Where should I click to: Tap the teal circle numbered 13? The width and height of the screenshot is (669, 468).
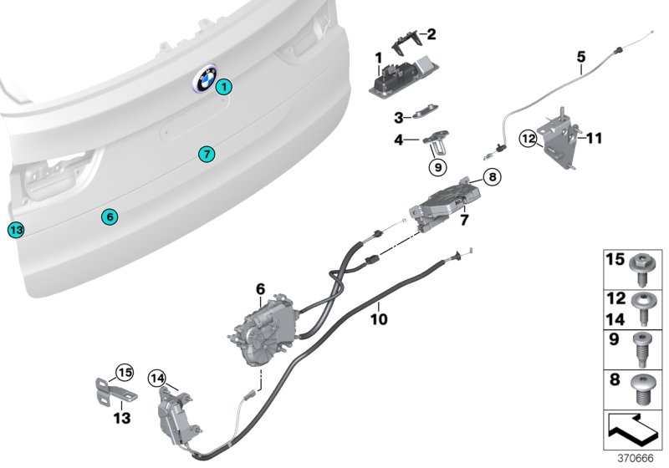[17, 229]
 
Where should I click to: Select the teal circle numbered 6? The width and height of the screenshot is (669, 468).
[110, 216]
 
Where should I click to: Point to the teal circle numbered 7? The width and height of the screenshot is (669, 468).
[207, 154]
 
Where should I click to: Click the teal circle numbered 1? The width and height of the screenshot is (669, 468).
[223, 86]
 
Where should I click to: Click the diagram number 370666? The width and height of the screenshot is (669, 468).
[641, 459]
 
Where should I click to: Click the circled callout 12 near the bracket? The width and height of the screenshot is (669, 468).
[529, 138]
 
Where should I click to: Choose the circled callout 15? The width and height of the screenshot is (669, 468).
[125, 373]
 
